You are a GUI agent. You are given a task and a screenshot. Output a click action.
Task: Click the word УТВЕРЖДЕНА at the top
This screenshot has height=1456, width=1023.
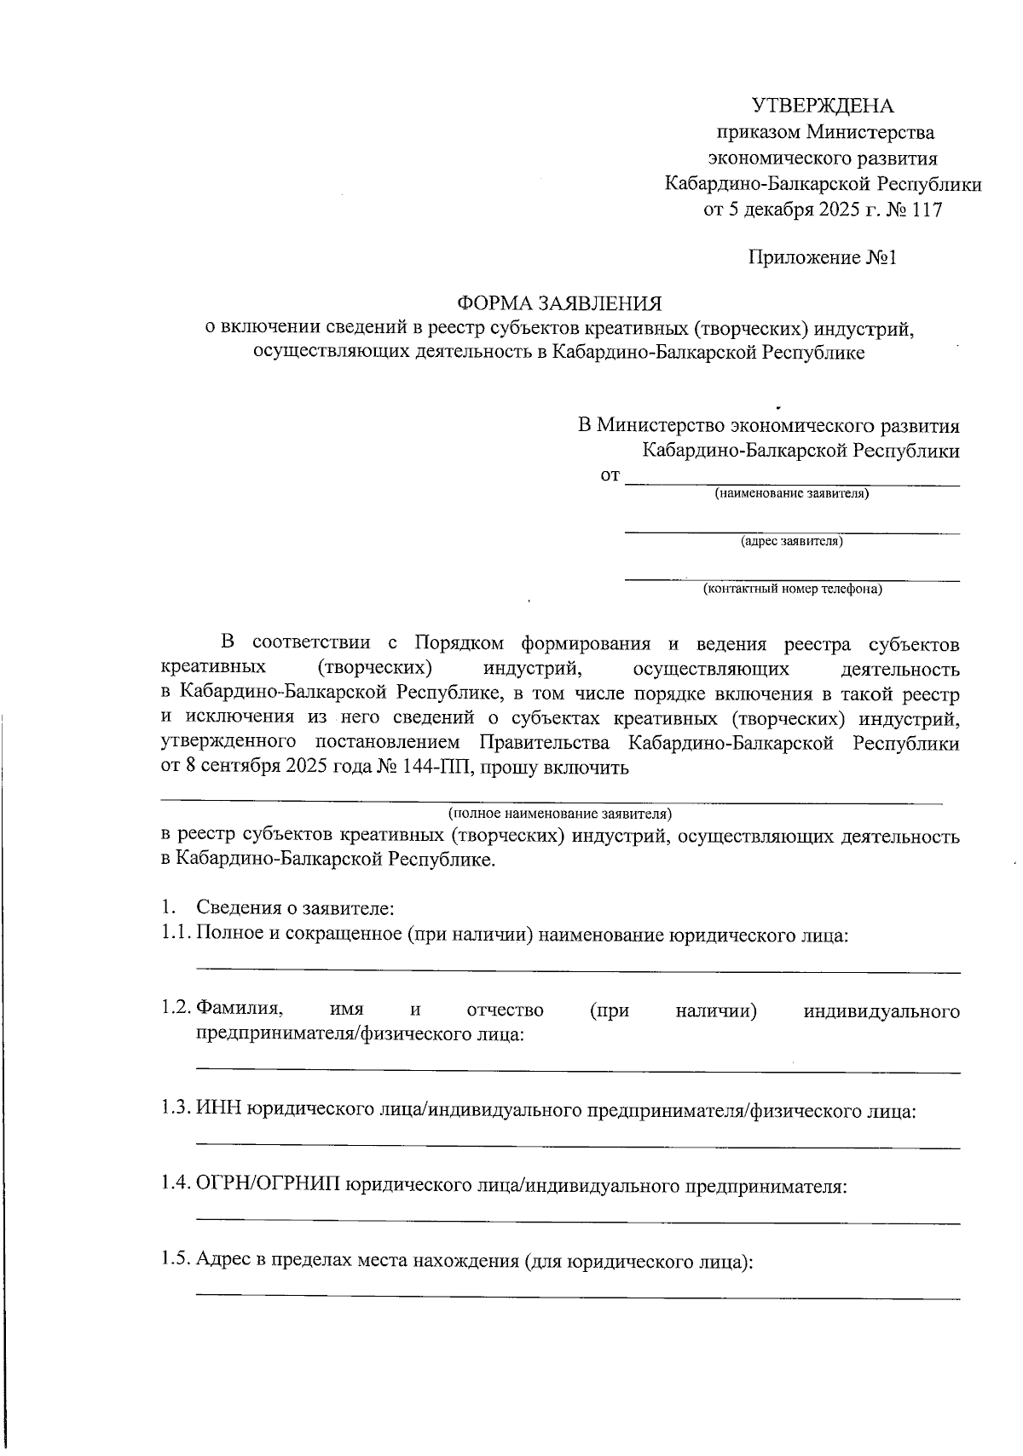[823, 106]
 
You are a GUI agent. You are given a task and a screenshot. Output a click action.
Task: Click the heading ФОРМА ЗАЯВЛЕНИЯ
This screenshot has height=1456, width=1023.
[559, 304]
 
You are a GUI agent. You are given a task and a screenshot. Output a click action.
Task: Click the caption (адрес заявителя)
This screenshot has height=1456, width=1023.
[792, 541]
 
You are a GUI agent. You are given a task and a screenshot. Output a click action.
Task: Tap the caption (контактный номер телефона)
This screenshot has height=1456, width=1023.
[792, 589]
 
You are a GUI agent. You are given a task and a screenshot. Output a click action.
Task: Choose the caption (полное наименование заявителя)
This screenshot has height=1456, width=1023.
[560, 813]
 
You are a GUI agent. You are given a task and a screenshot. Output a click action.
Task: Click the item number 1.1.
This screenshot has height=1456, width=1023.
[175, 935]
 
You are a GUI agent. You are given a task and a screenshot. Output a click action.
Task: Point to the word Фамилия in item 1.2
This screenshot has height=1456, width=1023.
[240, 1010]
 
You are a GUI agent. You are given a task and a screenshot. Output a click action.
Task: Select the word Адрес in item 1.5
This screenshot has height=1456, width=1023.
[223, 1261]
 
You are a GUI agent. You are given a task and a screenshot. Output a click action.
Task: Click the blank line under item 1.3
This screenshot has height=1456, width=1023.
[577, 1148]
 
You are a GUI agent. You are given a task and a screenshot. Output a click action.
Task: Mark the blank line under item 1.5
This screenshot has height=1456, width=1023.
[577, 1298]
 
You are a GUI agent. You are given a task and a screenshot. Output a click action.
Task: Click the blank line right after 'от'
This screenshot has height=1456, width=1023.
[792, 485]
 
